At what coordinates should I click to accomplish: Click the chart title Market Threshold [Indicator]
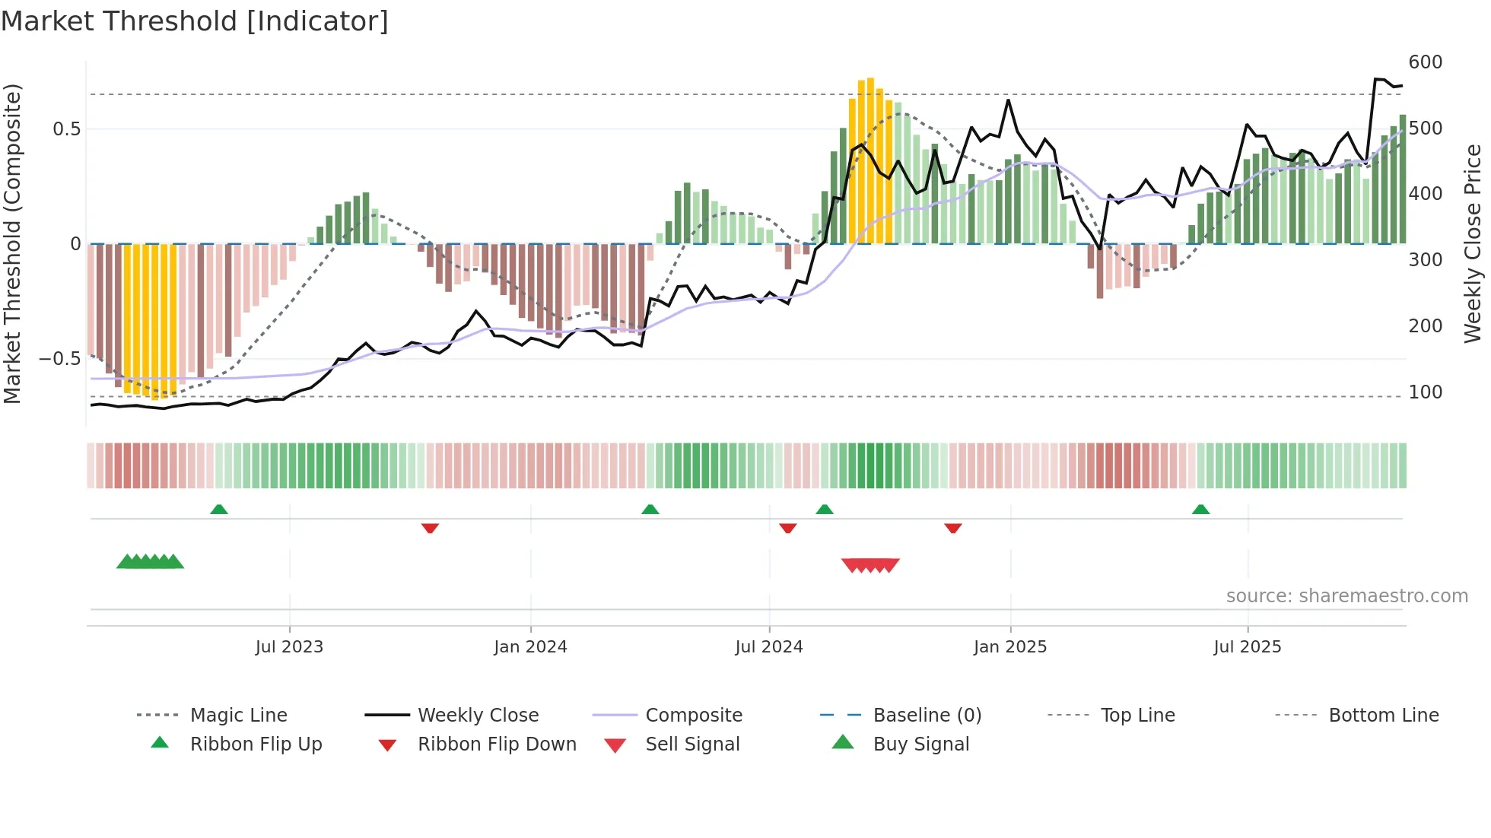point(195,21)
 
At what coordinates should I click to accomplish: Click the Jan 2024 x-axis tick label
point(530,647)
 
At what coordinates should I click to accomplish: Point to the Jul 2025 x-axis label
point(1247,647)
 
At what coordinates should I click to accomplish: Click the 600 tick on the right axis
point(1425,62)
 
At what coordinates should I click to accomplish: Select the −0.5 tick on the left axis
point(59,359)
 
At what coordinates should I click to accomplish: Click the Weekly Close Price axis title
point(1473,243)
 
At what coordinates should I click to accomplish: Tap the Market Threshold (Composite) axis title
point(12,243)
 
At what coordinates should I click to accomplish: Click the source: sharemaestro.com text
point(1346,596)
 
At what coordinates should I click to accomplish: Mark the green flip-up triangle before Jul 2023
point(219,509)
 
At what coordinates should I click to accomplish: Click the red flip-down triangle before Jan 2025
point(953,528)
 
